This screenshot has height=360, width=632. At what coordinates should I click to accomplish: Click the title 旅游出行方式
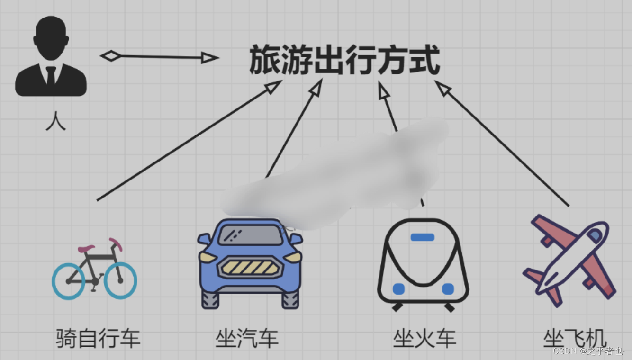tap(344, 60)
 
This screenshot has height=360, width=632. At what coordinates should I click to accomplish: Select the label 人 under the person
tap(55, 121)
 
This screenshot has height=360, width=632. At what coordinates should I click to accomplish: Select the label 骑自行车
tap(98, 338)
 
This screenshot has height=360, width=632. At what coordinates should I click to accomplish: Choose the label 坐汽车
tap(247, 338)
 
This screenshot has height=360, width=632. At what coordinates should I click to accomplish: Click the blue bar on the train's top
tap(422, 237)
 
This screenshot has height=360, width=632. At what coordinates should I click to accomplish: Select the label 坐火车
tap(424, 338)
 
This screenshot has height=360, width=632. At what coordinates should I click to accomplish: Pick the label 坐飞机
tap(575, 338)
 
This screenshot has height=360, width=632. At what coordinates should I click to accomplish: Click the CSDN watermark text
tap(587, 351)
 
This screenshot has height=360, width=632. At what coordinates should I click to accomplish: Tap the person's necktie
tap(51, 76)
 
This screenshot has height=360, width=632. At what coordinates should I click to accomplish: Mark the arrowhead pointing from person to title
tap(209, 58)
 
